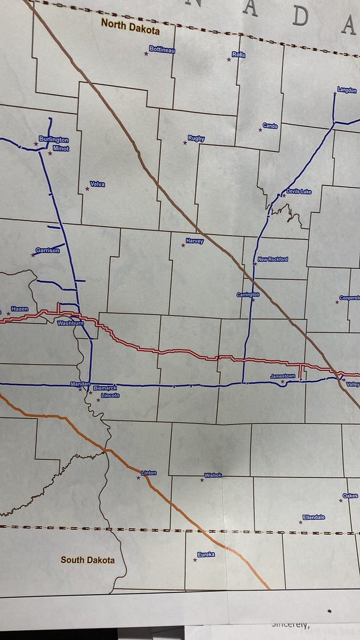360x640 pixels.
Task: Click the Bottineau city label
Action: point(163,50)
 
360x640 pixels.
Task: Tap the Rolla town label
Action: point(238,54)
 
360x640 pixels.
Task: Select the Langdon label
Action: point(347,90)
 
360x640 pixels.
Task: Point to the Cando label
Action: point(270,126)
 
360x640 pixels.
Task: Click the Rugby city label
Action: point(196,139)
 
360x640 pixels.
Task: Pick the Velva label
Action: point(98,184)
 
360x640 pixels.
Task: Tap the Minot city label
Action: point(61,148)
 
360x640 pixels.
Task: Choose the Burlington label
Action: point(53,140)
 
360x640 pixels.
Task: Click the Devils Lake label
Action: point(299,191)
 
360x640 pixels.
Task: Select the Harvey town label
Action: point(195,241)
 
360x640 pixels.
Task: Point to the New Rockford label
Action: point(273,259)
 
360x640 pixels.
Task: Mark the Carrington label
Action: point(248,294)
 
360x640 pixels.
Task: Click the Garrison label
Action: point(47,250)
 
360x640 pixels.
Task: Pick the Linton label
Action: point(149,473)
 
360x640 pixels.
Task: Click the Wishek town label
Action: point(213,475)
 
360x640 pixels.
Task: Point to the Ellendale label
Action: point(314,517)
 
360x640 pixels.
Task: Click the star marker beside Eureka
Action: point(194,559)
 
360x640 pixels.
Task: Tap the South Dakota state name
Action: point(87,560)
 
